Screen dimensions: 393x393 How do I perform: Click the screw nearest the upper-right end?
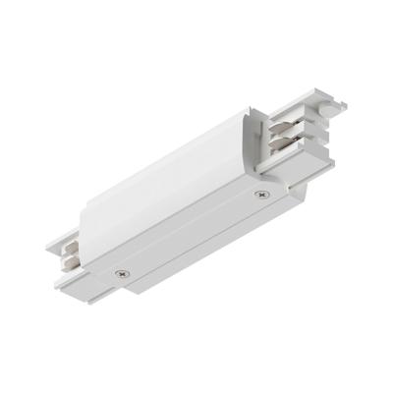point(262,195)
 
